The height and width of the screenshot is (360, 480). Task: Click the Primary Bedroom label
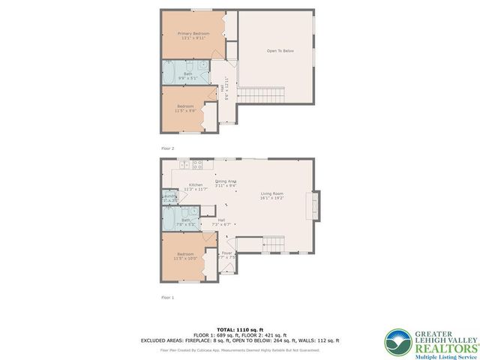click(193, 34)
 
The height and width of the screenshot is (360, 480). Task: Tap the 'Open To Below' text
click(277, 51)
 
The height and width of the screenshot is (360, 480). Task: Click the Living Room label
click(271, 195)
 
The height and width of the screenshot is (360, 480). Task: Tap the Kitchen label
click(196, 184)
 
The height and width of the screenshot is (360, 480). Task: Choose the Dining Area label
click(226, 181)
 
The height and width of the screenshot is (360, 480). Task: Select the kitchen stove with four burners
click(199, 163)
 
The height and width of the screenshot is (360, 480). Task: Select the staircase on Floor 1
click(274, 244)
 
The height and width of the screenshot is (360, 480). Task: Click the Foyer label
click(226, 253)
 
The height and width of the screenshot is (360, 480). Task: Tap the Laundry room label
click(170, 196)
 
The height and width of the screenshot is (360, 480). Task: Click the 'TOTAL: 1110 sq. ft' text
click(239, 329)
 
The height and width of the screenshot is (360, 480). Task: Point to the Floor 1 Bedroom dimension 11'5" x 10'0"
click(186, 259)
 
